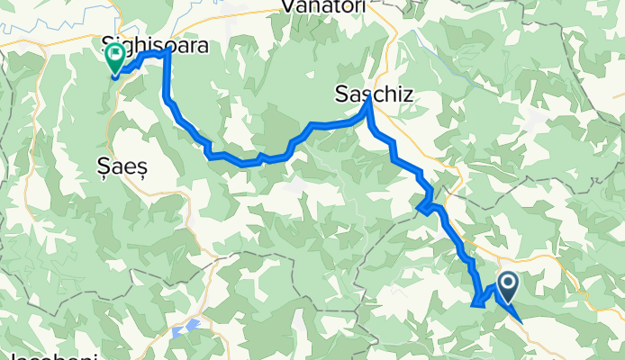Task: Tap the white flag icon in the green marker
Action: tap(116, 57)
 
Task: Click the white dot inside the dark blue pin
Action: tap(508, 287)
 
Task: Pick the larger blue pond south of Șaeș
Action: tap(193, 325)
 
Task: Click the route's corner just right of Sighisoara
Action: tap(168, 53)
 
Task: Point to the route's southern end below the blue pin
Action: tap(521, 320)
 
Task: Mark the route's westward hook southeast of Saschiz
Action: tap(419, 210)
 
